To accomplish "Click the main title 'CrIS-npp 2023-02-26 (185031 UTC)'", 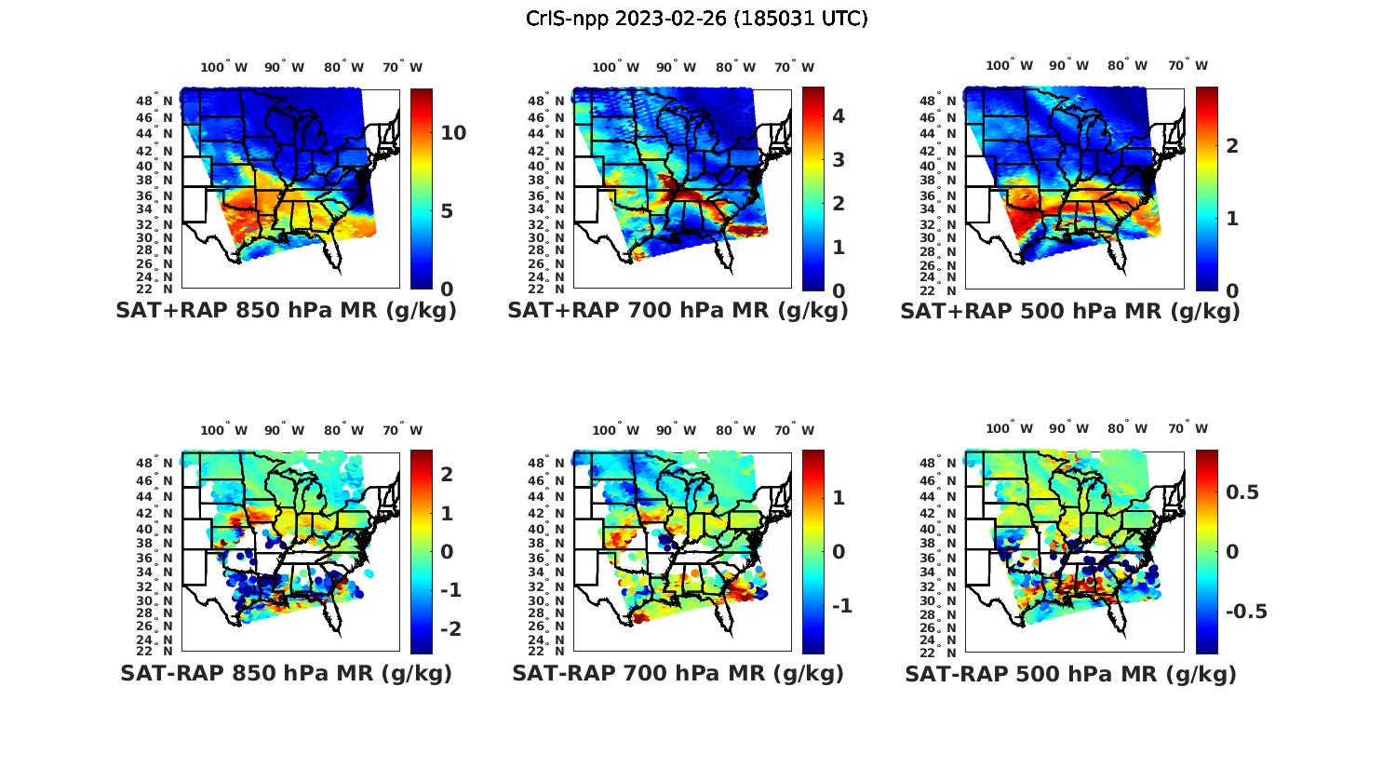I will click(x=697, y=19).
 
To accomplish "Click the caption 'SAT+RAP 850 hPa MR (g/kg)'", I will click(x=286, y=312).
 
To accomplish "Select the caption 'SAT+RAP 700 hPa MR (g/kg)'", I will click(x=678, y=312).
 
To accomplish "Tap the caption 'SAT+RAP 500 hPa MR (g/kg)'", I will click(x=1070, y=312).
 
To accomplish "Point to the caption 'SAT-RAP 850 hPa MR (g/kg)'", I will click(x=286, y=674).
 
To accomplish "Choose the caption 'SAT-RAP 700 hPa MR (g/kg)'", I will click(x=678, y=674).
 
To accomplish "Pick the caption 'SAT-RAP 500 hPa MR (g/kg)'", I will click(x=1070, y=675).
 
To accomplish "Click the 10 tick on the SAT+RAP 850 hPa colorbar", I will click(x=453, y=133).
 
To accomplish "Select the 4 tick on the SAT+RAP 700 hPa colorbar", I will click(x=839, y=116).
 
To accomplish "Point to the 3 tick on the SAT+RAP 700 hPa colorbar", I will click(x=839, y=159).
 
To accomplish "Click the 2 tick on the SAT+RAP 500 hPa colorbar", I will click(x=1232, y=145).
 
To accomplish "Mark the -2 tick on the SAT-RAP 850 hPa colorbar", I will click(x=450, y=629).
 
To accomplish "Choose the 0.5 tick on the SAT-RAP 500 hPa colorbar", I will click(x=1242, y=492).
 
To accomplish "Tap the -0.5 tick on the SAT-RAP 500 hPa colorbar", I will click(x=1246, y=612).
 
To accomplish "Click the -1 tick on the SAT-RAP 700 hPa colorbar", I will click(x=841, y=606).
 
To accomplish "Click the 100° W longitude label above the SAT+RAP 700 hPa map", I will click(x=615, y=67).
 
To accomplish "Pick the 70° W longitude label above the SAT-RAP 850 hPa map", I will click(x=402, y=430).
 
